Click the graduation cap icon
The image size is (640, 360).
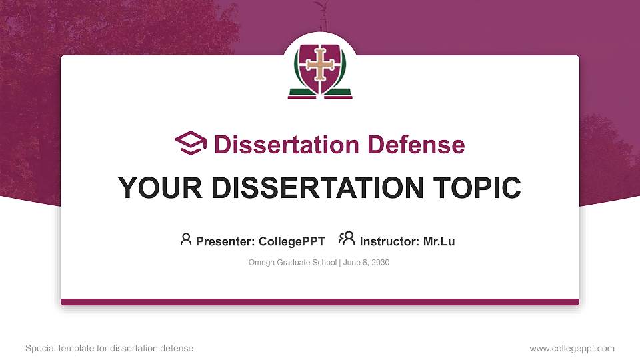[x=191, y=143]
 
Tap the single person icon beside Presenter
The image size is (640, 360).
[x=186, y=239]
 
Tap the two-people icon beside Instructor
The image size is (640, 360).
[x=347, y=239]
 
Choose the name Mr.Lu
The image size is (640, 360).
[x=439, y=241]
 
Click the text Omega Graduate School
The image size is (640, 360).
[x=293, y=263]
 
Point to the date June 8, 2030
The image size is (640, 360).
[x=366, y=263]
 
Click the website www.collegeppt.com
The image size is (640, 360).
[x=571, y=348]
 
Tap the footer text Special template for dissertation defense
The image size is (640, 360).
[x=109, y=348]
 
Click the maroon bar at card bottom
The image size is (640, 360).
[x=320, y=302]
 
